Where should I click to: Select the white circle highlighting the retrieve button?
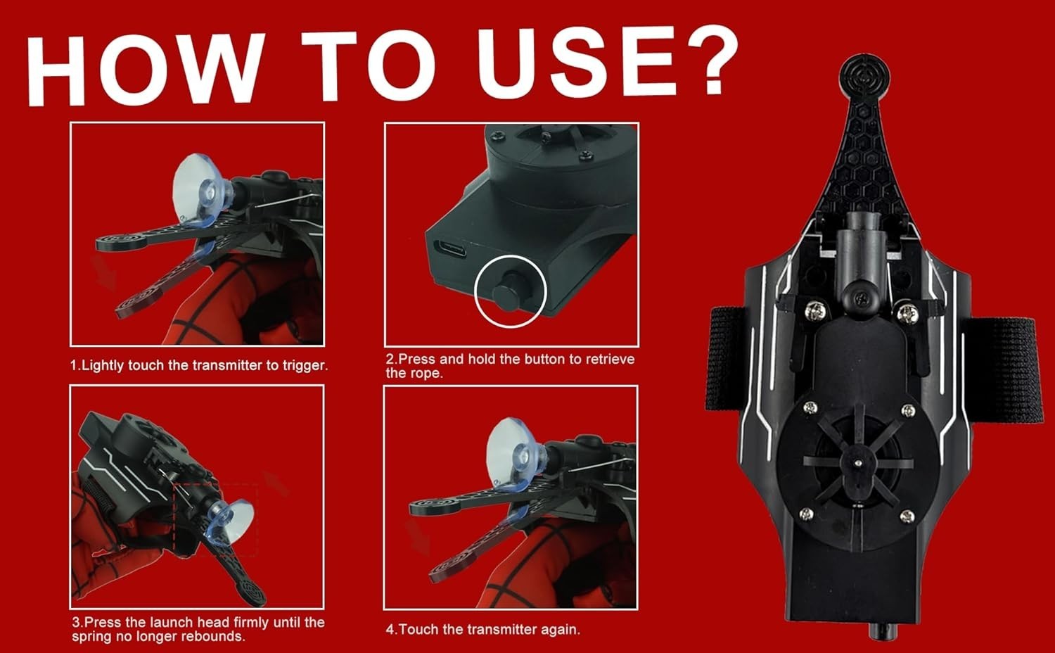point(511,291)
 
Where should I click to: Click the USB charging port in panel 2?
point(450,248)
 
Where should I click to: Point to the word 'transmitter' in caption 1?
point(229,366)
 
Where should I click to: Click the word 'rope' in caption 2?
point(428,374)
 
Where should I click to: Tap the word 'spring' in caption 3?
point(91,637)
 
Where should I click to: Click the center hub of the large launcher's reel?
point(858,464)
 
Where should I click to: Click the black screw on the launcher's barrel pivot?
point(861,298)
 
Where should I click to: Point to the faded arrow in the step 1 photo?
point(105,273)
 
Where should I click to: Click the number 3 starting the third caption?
point(76,623)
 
